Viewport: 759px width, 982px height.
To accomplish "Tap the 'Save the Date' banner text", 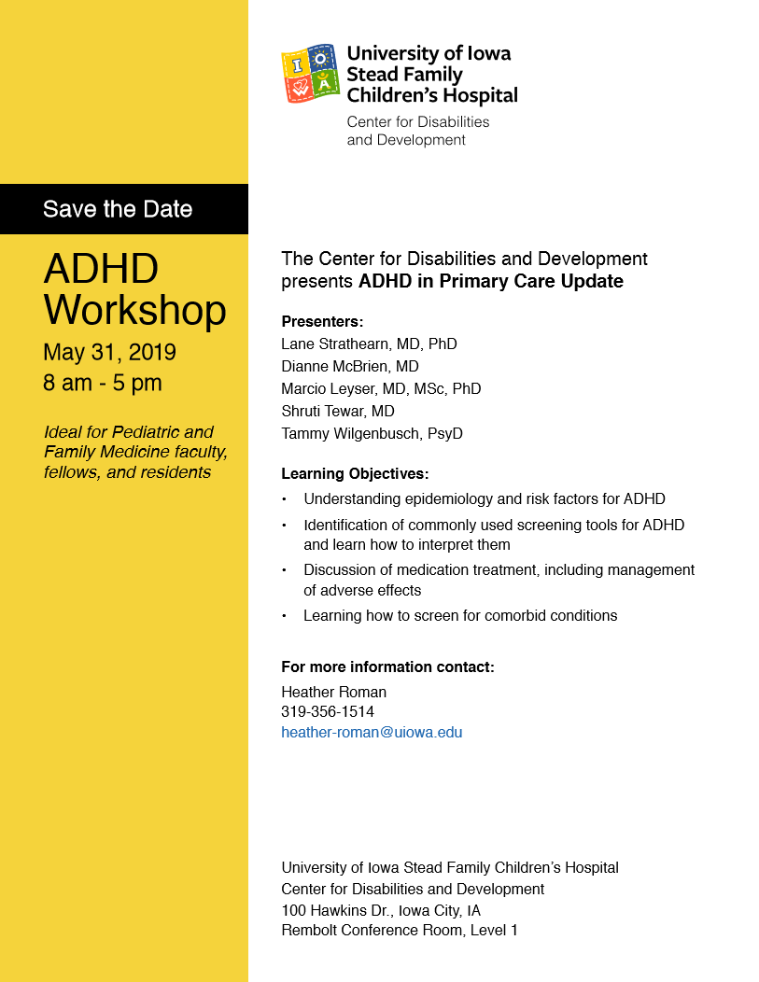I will (118, 209).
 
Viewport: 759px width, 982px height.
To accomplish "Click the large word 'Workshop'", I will (134, 310).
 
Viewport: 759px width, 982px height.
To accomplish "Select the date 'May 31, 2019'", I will (109, 353).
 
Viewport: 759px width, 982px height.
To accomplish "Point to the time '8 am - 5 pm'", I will (103, 383).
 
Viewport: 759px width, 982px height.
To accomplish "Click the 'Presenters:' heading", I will (322, 322).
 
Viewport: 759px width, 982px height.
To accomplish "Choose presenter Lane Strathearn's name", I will (369, 344).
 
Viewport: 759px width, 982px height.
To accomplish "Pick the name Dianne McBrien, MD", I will (350, 366).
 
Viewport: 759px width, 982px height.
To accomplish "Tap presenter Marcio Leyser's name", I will (381, 388).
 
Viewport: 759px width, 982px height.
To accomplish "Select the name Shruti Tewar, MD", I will (338, 411).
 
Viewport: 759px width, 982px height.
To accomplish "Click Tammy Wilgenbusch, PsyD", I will (372, 433).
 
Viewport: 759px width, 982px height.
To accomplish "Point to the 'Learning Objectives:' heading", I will (355, 474).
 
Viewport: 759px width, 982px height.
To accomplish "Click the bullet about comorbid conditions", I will (460, 615).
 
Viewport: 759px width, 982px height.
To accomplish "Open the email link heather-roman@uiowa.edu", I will (372, 733).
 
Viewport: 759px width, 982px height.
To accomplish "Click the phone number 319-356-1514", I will (328, 712).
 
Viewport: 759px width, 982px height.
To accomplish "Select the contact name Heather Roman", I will (333, 692).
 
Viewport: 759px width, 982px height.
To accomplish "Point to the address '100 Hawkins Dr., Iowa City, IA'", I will (381, 910).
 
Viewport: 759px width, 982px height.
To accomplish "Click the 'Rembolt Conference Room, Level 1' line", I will (400, 931).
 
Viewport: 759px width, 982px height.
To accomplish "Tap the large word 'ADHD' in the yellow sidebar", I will (101, 269).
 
